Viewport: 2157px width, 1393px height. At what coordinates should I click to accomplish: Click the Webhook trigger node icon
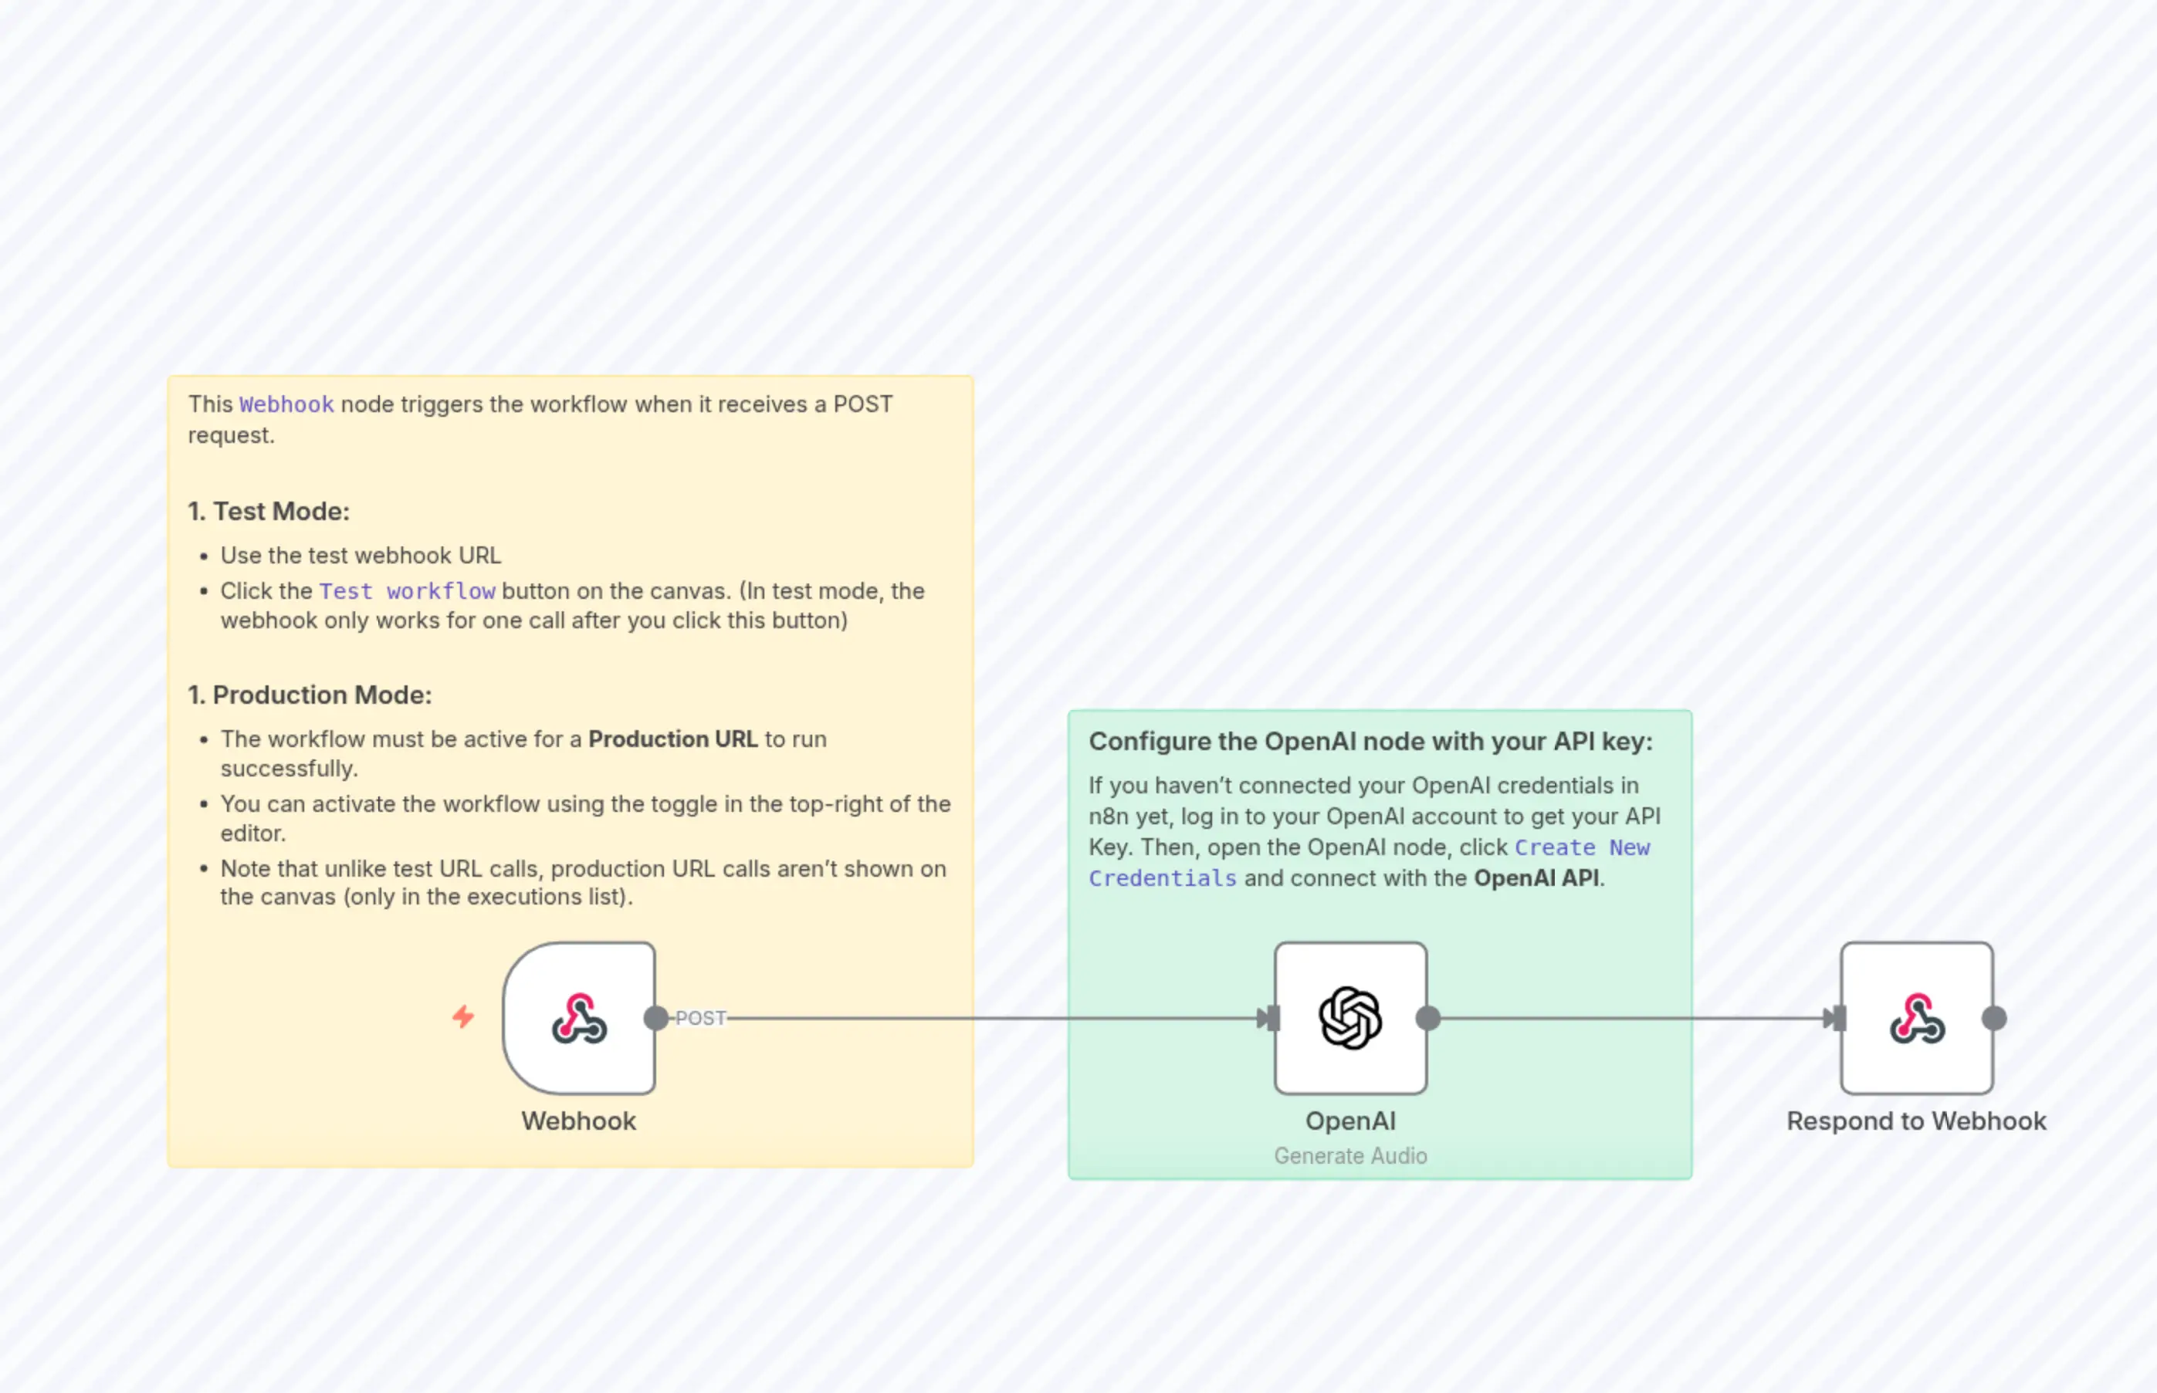click(579, 1019)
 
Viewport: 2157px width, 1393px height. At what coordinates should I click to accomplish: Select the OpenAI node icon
click(1350, 1019)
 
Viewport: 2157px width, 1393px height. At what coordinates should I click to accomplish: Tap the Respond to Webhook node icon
click(1916, 1019)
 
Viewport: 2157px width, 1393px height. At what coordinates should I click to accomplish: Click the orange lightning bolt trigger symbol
click(463, 1016)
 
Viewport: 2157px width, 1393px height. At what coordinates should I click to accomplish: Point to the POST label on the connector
click(700, 1019)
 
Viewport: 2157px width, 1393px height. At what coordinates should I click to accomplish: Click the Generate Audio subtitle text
click(1350, 1156)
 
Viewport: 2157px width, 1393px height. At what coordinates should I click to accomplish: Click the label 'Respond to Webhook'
click(1916, 1121)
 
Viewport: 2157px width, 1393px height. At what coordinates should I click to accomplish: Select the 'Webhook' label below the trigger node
click(578, 1121)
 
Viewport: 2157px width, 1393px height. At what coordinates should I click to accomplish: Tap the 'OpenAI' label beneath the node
click(1350, 1121)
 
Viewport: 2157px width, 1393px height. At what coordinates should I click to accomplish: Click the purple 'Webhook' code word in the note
click(286, 404)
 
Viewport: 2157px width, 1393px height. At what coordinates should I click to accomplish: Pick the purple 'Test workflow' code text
click(407, 592)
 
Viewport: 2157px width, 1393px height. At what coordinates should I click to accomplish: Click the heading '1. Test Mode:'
click(269, 511)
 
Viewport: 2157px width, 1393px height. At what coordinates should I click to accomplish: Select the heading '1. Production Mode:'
click(310, 695)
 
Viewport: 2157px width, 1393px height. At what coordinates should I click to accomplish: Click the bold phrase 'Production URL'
click(672, 739)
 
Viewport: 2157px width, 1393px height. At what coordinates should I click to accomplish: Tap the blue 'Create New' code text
click(1582, 847)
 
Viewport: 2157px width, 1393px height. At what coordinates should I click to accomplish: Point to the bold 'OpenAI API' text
click(1536, 878)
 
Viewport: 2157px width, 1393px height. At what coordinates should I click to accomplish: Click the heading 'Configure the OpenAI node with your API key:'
click(1370, 741)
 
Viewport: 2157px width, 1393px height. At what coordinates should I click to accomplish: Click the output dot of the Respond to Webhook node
click(1994, 1019)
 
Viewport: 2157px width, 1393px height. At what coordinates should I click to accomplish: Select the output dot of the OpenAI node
click(1427, 1019)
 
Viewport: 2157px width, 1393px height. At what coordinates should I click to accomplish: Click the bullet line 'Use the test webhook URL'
click(360, 556)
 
